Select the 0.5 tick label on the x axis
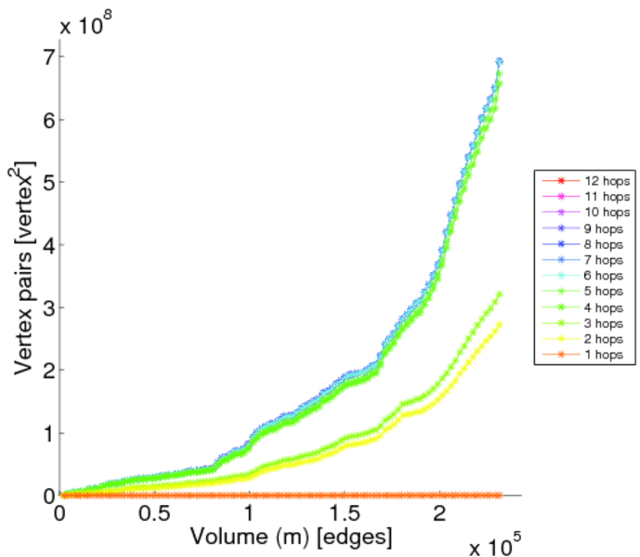[x=155, y=513]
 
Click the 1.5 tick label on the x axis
[x=344, y=513]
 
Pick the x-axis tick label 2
[x=438, y=513]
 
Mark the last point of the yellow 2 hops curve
[x=500, y=325]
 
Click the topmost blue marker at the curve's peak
[x=500, y=61]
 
